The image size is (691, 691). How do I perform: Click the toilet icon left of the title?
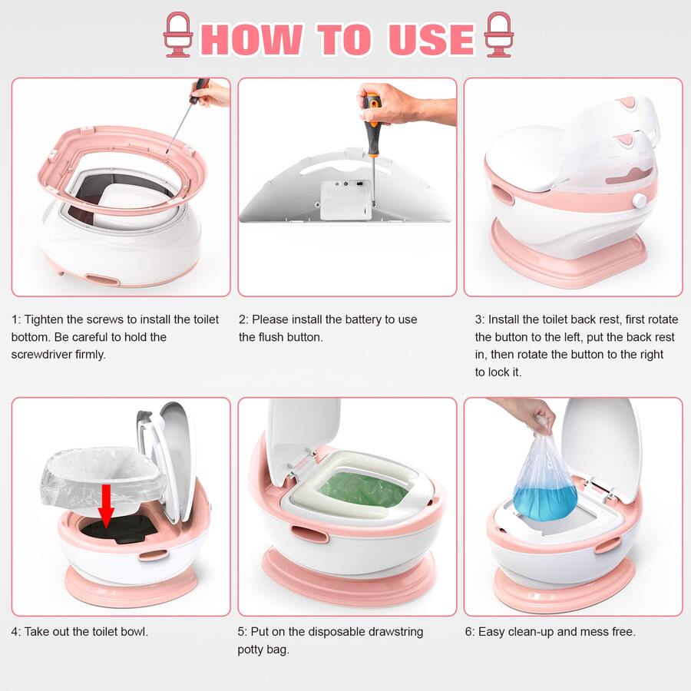178,35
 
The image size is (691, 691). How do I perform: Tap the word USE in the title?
431,38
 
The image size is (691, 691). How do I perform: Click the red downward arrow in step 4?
107,503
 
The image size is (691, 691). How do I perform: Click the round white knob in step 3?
637,200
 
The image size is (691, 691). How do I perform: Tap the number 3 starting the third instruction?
478,319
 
